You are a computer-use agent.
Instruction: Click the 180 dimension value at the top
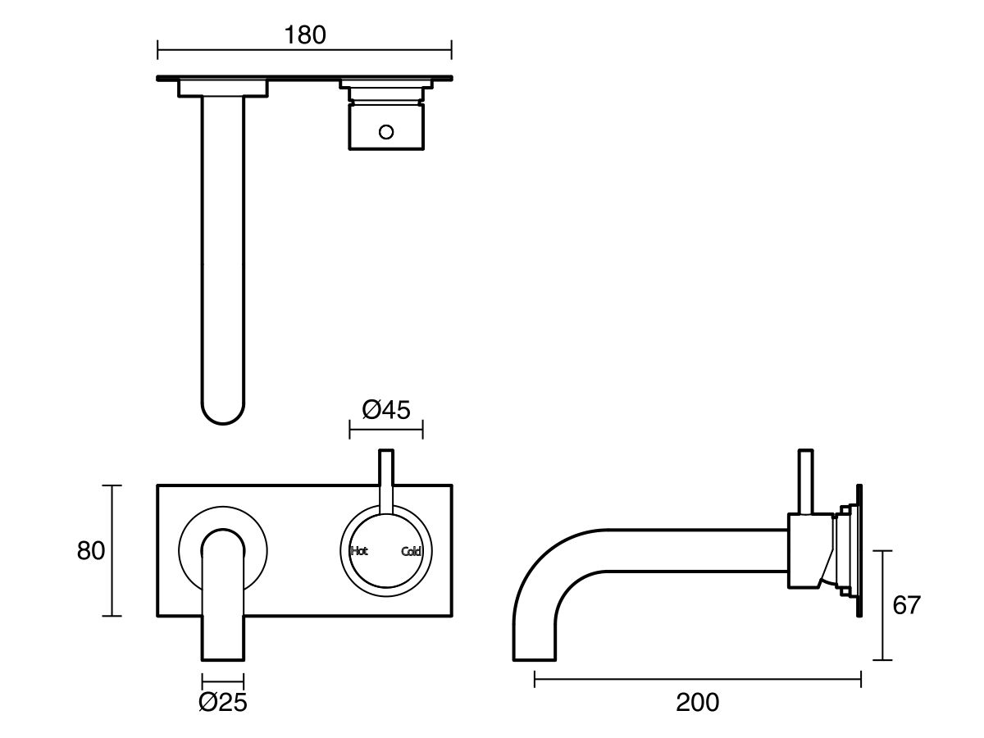pos(304,35)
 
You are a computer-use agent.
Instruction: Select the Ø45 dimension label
pos(385,409)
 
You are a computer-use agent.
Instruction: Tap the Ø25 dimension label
pos(223,702)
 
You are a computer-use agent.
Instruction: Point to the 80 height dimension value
pos(91,551)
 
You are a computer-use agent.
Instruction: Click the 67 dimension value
pos(906,605)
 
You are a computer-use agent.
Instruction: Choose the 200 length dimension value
pos(697,702)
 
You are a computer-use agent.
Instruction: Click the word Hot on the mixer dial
pos(359,551)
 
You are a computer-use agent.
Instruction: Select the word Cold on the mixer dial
pos(411,552)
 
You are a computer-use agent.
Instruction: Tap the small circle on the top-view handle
pos(385,130)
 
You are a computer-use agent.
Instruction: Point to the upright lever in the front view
pos(385,480)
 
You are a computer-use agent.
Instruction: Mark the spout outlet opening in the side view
pos(535,658)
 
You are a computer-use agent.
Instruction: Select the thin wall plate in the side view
pos(859,549)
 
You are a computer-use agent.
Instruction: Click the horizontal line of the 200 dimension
pos(697,678)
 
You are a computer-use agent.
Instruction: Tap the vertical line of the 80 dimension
pos(112,550)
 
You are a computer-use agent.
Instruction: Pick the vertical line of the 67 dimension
pos(881,605)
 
